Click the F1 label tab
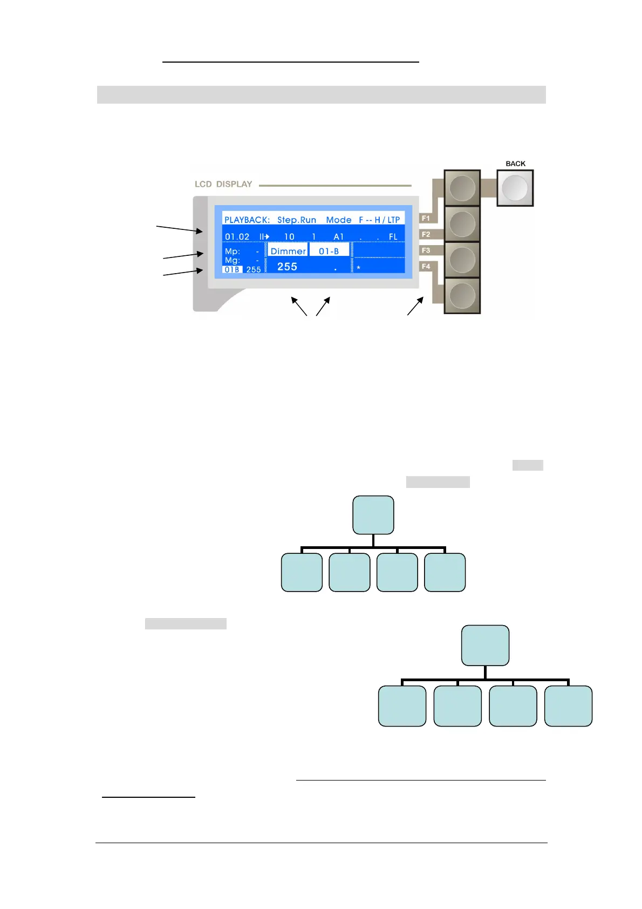pyautogui.click(x=426, y=219)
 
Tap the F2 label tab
pyautogui.click(x=426, y=234)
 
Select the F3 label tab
pyautogui.click(x=426, y=250)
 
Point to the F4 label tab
pyautogui.click(x=426, y=266)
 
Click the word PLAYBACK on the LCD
pyautogui.click(x=247, y=220)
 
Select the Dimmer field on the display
pyautogui.click(x=288, y=251)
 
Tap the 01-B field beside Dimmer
pyautogui.click(x=329, y=251)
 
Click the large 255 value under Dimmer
pyautogui.click(x=287, y=267)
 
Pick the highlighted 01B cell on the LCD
pyautogui.click(x=232, y=269)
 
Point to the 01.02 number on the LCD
pyautogui.click(x=237, y=236)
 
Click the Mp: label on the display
pyautogui.click(x=232, y=251)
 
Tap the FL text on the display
pyautogui.click(x=393, y=236)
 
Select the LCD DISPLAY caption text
pyautogui.click(x=223, y=184)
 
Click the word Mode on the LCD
pyautogui.click(x=338, y=220)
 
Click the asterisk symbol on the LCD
pyautogui.click(x=358, y=268)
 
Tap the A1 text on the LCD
pyautogui.click(x=338, y=236)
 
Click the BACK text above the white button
pyautogui.click(x=515, y=164)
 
